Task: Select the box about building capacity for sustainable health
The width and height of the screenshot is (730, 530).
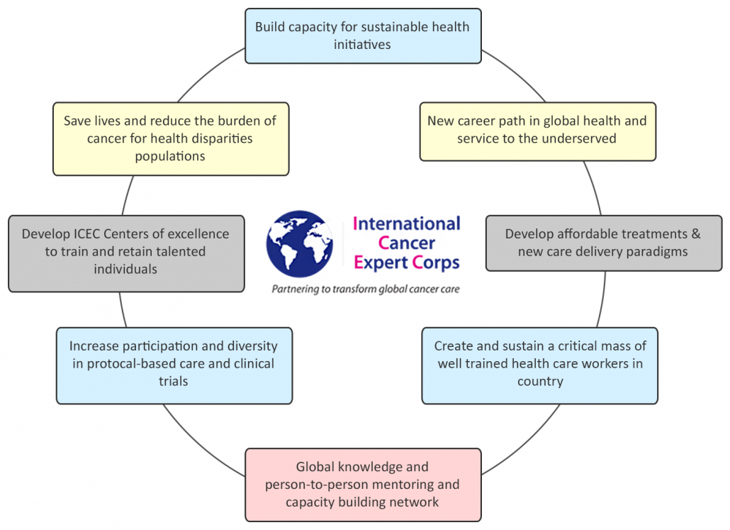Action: tap(362, 35)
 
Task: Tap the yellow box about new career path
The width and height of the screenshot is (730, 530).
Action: tap(537, 131)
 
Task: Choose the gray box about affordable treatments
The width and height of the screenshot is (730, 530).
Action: tap(603, 243)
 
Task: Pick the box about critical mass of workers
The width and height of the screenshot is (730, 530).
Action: tap(539, 363)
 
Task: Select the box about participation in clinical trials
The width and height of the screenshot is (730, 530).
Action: tap(174, 363)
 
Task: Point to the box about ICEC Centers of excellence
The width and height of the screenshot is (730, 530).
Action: tap(126, 251)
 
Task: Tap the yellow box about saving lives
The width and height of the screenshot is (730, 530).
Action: tap(170, 138)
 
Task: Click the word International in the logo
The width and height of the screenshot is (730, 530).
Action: tap(407, 223)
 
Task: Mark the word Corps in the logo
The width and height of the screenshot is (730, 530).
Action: tap(436, 263)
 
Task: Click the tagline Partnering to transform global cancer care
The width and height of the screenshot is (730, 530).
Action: tap(366, 289)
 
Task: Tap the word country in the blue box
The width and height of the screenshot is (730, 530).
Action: tap(540, 381)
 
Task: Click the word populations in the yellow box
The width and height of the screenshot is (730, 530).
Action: tap(170, 155)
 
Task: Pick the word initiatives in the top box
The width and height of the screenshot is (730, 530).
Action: tap(362, 44)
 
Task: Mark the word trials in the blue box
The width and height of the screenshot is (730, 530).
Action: tap(174, 381)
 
